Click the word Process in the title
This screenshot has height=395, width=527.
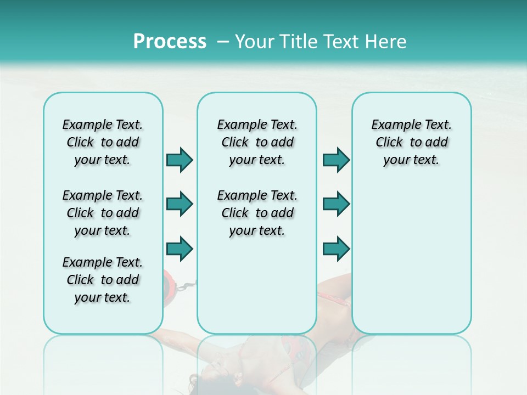tap(170, 42)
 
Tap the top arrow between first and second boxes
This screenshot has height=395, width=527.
tap(180, 160)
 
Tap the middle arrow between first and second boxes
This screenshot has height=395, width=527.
tap(180, 204)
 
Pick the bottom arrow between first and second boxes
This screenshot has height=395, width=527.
tap(180, 249)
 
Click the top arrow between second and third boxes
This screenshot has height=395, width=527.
tap(336, 160)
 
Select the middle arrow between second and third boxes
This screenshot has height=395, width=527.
tap(336, 204)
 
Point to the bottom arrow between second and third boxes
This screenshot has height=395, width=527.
tap(336, 249)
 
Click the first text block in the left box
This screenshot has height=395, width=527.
tap(103, 142)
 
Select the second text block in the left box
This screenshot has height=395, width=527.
tap(103, 213)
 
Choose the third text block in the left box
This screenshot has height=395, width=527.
tap(103, 280)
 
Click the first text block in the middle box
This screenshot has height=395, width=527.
tap(257, 142)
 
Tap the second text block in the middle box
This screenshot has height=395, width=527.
tap(257, 213)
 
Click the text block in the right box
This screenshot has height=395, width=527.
tap(411, 142)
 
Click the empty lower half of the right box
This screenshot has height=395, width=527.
tap(411, 263)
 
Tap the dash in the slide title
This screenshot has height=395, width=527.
tap(223, 42)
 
